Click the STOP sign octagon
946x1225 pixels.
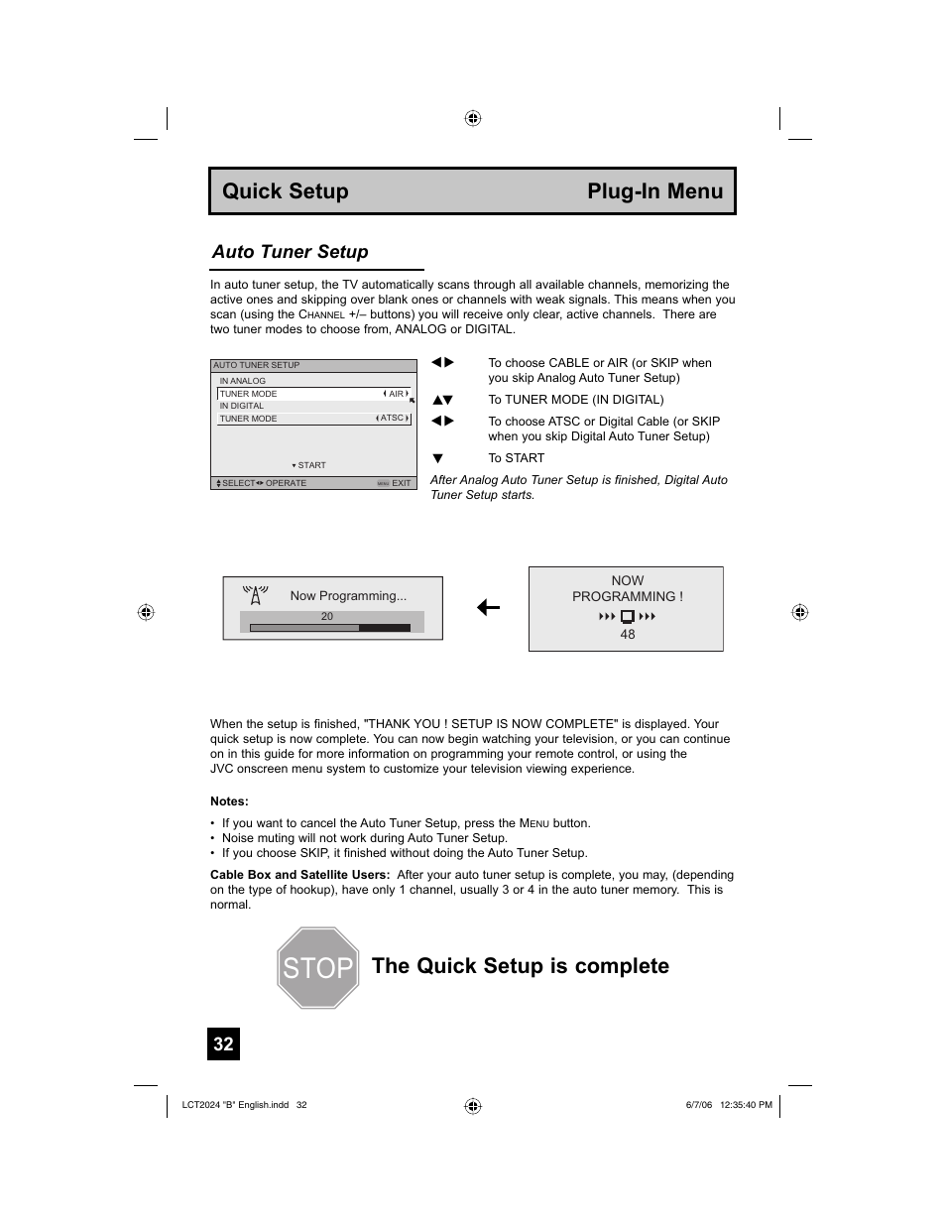click(316, 968)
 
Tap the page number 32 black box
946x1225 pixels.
click(223, 1043)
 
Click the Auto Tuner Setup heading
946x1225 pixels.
click(290, 252)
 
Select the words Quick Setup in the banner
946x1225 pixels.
click(286, 191)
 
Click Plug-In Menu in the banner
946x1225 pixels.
click(654, 191)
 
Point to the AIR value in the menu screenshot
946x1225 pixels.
click(396, 394)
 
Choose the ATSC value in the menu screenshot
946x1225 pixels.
click(393, 419)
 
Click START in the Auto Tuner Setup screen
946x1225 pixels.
click(310, 465)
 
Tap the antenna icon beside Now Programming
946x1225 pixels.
click(256, 595)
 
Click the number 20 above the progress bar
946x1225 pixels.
click(327, 616)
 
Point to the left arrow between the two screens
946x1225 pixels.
click(488, 608)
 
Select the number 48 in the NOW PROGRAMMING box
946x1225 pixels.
click(628, 635)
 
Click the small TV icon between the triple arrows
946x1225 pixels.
click(628, 617)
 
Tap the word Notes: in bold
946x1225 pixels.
click(229, 801)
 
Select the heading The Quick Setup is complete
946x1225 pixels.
click(521, 966)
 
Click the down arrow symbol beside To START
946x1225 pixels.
click(437, 458)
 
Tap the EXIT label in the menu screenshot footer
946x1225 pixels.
click(401, 483)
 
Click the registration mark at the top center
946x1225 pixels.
click(473, 118)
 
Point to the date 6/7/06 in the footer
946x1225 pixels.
click(698, 1104)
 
